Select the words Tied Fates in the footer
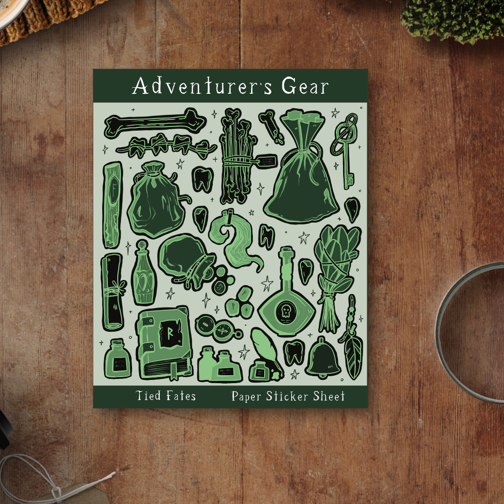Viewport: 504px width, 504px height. click(x=166, y=396)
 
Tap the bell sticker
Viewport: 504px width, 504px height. click(x=322, y=358)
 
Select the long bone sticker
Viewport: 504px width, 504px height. click(x=154, y=122)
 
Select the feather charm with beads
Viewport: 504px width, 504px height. click(x=352, y=345)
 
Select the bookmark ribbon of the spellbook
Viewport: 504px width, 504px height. click(x=174, y=371)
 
